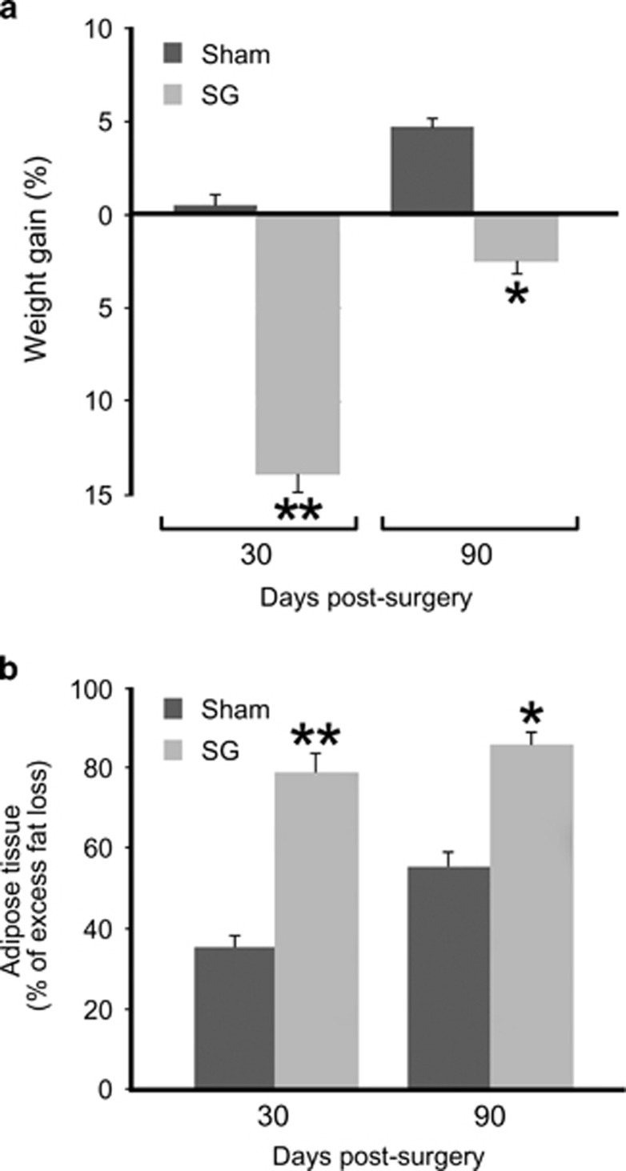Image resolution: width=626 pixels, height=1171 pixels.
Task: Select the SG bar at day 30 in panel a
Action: (x=298, y=344)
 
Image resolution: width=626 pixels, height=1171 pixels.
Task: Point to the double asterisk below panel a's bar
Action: (x=298, y=511)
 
